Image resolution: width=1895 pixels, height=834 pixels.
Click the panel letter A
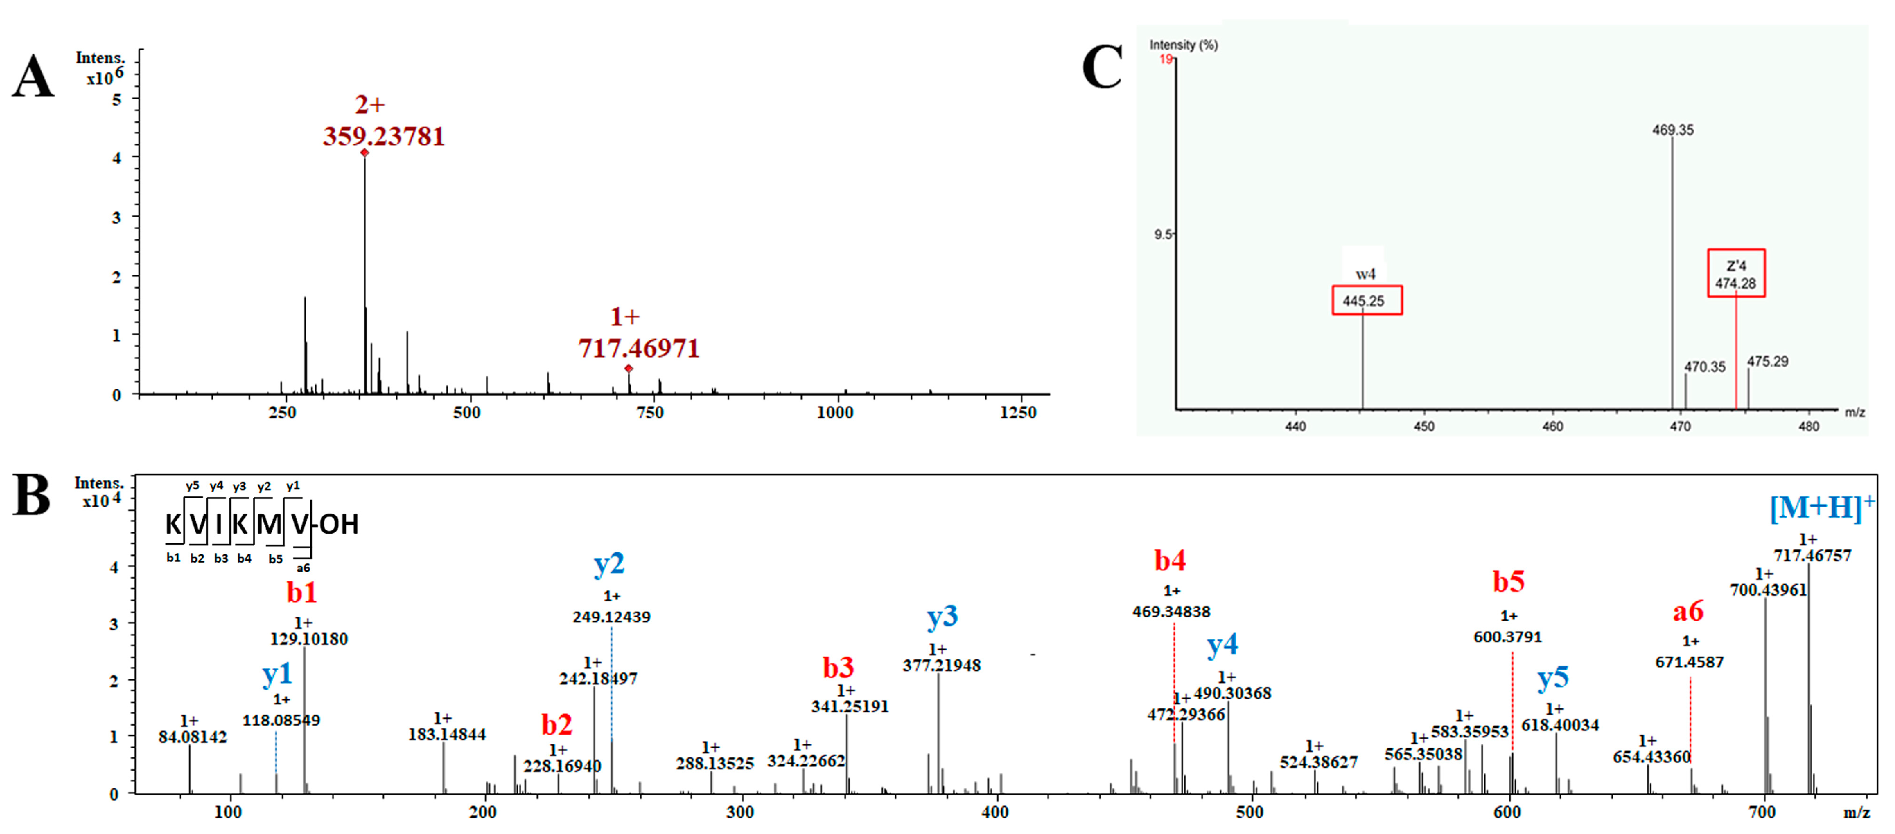[x=33, y=76]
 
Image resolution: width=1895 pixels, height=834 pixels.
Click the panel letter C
[x=1101, y=67]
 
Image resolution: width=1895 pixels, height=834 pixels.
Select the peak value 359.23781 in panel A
[x=383, y=136]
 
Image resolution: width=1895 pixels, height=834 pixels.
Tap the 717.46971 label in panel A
[x=638, y=348]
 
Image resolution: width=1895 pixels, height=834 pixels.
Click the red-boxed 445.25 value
[x=1366, y=300]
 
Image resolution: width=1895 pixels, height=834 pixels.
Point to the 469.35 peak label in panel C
[x=1672, y=130]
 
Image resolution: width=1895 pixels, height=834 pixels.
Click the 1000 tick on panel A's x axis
[x=834, y=413]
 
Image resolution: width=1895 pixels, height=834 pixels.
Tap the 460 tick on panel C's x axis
[x=1552, y=426]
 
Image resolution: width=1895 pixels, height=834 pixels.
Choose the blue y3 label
[x=942, y=616]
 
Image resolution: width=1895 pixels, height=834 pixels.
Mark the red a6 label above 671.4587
[x=1687, y=611]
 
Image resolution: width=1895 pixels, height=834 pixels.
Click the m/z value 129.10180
[x=308, y=639]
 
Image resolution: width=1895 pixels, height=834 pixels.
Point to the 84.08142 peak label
[x=192, y=737]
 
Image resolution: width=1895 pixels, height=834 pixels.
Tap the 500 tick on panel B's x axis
[x=1249, y=813]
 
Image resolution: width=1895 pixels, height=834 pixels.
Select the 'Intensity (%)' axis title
[x=1183, y=45]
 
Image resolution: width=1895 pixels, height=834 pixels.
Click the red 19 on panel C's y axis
[x=1165, y=59]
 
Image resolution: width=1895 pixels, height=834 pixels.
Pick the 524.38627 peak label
[x=1318, y=762]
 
